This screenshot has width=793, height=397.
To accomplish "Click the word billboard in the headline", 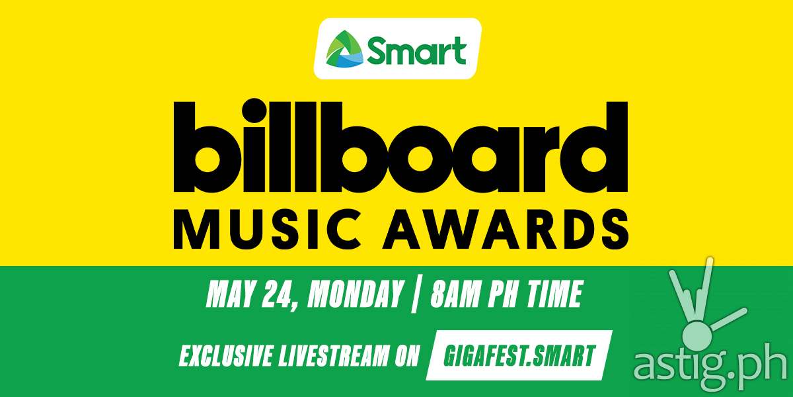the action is tap(400, 147).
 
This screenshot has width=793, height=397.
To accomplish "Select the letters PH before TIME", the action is tap(503, 294).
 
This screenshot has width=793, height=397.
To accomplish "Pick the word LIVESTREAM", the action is tap(333, 355).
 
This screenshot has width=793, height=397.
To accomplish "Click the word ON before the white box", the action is tap(407, 355).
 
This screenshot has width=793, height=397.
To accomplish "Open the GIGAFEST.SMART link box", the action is tap(519, 355).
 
